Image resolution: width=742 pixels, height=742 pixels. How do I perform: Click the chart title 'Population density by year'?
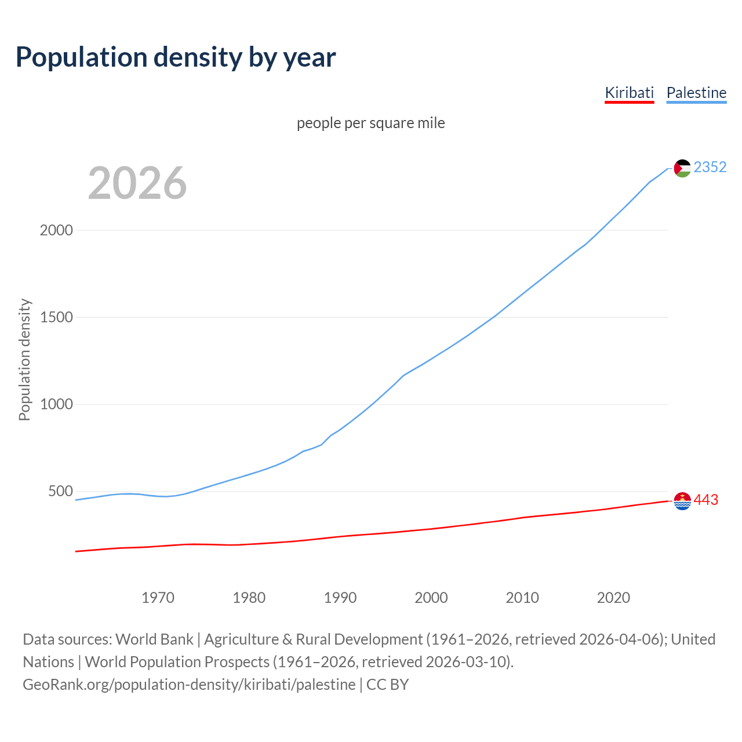(176, 57)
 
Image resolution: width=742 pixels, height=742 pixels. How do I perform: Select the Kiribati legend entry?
(629, 93)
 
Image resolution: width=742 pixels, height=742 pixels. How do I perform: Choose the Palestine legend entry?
(696, 93)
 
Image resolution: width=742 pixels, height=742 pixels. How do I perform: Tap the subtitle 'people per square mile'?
(370, 123)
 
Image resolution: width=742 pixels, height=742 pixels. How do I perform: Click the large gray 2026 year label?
(137, 183)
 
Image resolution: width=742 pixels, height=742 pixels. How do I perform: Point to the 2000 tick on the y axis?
(56, 231)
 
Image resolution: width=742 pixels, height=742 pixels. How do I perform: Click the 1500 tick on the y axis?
(56, 318)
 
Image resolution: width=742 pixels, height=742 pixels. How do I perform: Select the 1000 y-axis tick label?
(56, 405)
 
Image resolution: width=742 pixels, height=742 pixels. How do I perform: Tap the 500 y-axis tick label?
(60, 492)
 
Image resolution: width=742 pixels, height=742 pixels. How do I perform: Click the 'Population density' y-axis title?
(24, 359)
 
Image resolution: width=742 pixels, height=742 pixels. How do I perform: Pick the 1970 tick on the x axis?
(158, 598)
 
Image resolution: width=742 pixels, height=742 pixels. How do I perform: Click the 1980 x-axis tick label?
(249, 598)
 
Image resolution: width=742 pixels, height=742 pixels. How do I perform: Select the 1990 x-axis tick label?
(340, 598)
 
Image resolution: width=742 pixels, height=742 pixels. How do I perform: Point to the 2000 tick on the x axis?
(431, 598)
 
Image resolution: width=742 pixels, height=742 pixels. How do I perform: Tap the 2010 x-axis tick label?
(522, 598)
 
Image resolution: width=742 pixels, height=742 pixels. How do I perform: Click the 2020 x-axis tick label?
(613, 598)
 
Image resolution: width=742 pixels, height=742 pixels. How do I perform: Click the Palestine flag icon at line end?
(682, 168)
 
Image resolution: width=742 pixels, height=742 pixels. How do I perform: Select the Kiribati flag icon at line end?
(682, 501)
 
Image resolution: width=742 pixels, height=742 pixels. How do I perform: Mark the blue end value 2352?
(710, 168)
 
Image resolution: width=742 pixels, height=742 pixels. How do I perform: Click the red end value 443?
(705, 500)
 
